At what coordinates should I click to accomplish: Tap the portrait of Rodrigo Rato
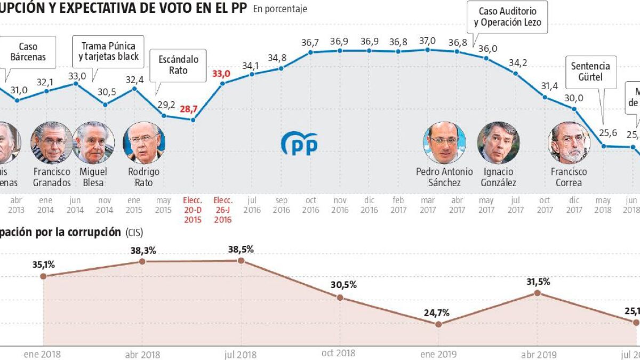pos(144,142)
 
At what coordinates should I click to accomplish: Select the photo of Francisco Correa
pos(569,142)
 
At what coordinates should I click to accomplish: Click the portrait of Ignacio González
pos(498,142)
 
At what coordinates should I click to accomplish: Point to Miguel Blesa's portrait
pos(93,142)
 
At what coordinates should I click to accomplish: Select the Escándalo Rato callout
pos(179,65)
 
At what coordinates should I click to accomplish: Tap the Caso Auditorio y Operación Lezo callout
pos(507,17)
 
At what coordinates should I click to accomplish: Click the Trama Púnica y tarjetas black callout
pos(109,51)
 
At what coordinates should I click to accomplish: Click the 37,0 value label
pos(427,41)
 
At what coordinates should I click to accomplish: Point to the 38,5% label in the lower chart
pos(241,249)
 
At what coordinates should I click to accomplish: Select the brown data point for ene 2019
pos(438,324)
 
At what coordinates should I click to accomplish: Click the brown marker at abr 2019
pos(538,293)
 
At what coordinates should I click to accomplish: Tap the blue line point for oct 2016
pos(310,52)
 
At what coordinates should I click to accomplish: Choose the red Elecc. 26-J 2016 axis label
pos(222,210)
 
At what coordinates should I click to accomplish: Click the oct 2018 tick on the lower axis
pos(339,353)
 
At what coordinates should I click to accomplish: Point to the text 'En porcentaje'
pos(280,9)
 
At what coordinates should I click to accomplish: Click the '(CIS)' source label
pos(134,233)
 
